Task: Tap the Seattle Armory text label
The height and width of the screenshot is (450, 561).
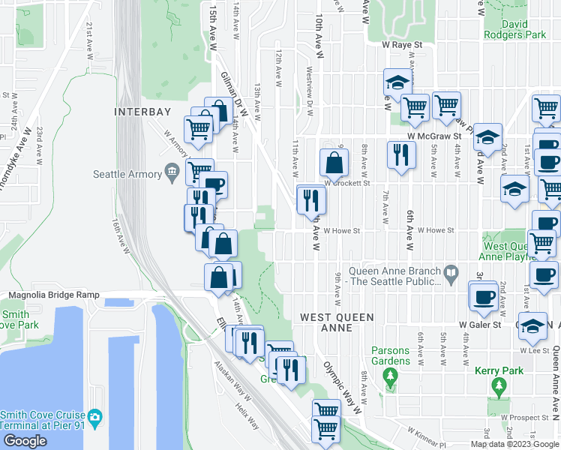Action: click(127, 175)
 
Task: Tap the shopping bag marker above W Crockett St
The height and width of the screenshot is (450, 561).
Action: click(334, 161)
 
